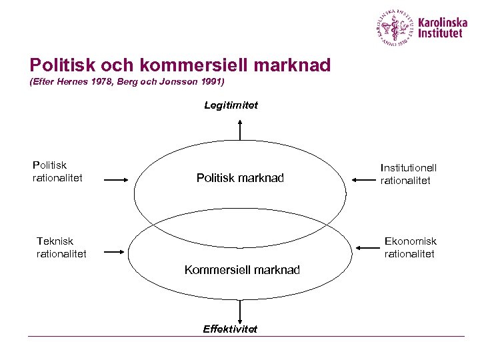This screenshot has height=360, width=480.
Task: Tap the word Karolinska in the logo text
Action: [443, 22]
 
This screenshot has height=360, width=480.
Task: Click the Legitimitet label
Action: [231, 105]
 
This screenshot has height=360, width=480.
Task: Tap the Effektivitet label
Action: [230, 329]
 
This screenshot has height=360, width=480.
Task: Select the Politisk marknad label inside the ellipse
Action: [240, 178]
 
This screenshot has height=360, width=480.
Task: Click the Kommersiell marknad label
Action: [242, 270]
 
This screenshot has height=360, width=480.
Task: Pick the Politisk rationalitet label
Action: [57, 171]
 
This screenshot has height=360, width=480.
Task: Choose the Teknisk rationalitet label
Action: [61, 247]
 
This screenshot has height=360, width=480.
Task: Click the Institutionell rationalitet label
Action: [409, 175]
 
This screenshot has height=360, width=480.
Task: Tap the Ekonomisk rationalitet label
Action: [410, 247]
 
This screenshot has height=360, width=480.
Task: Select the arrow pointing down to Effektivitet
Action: [240, 311]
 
